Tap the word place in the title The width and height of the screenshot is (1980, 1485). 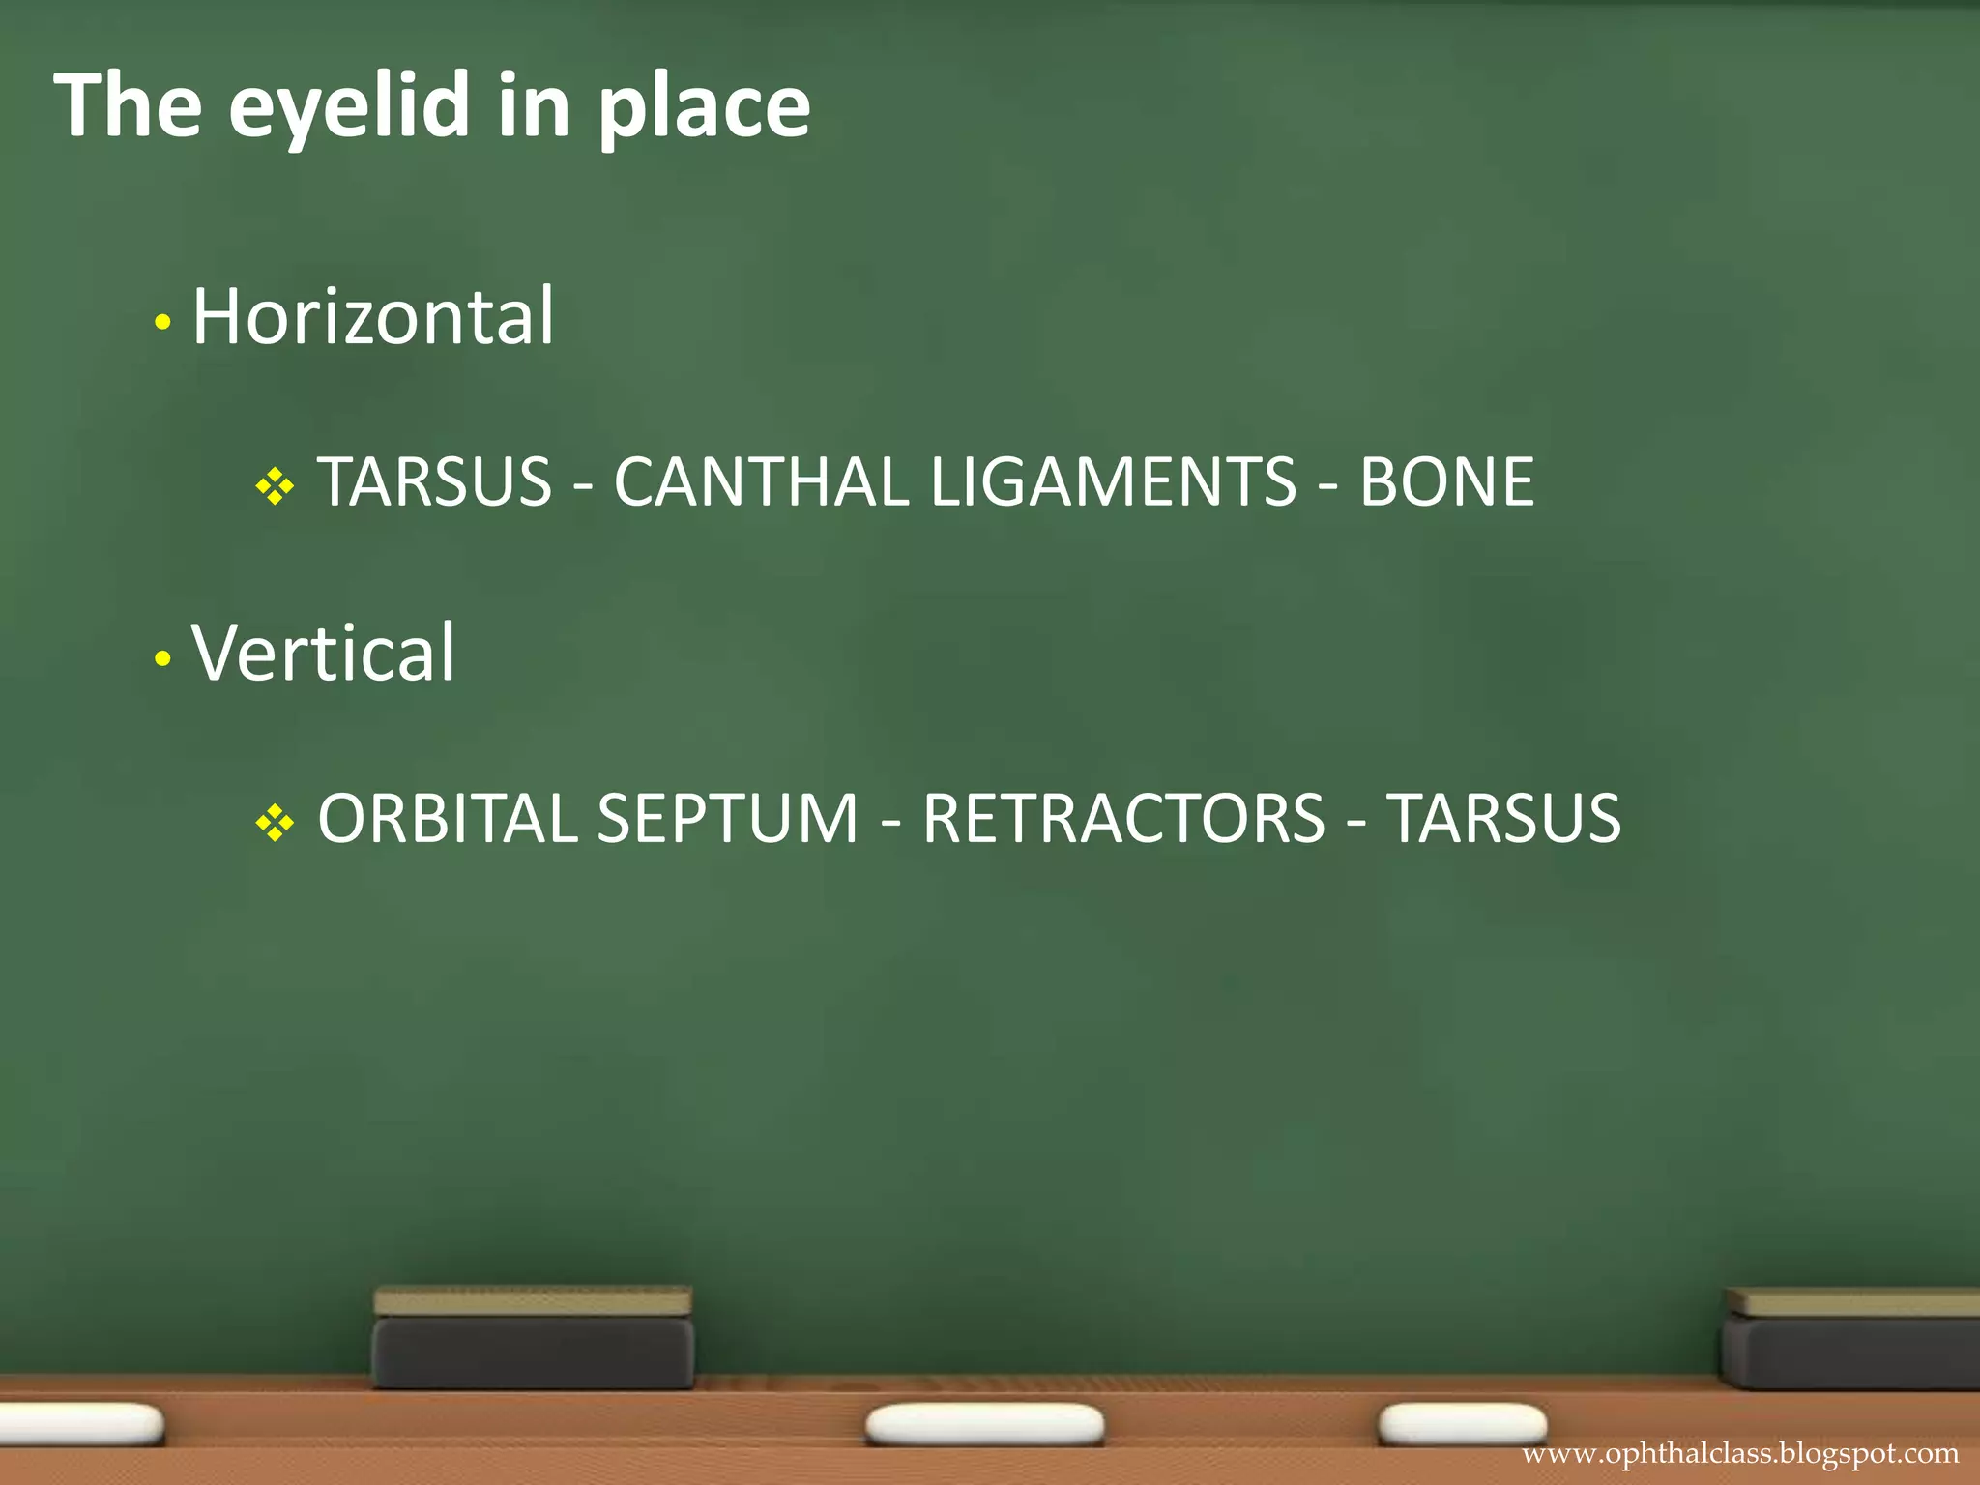704,108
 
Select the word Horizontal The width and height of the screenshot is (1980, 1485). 373,316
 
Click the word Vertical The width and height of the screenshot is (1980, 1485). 323,653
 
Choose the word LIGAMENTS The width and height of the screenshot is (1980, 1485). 1113,481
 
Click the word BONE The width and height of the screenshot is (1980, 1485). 1446,481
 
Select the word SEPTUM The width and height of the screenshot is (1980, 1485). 727,819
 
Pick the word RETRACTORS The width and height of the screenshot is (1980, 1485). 1123,819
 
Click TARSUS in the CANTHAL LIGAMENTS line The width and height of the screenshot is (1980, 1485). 434,481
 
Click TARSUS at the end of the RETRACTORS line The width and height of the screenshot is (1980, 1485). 1503,819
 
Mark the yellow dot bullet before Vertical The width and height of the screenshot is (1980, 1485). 162,659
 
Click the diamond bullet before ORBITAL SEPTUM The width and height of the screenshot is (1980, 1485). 275,823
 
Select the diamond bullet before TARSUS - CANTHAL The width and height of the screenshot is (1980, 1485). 275,485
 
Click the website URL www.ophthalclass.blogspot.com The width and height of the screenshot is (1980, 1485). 1740,1454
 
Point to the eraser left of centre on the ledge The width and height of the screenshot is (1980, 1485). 533,1338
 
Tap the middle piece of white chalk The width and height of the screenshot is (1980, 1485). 984,1425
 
